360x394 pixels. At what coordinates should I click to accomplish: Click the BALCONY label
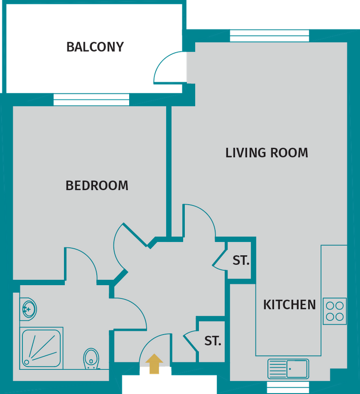(x=94, y=47)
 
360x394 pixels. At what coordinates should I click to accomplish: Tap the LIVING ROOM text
(x=266, y=153)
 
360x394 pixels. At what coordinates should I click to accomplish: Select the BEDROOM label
(x=97, y=185)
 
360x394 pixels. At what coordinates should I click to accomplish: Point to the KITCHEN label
(x=289, y=305)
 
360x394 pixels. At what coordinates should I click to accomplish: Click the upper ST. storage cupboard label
(x=241, y=260)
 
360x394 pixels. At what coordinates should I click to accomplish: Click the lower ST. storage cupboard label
(x=213, y=341)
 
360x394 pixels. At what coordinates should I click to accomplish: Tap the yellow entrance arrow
(x=154, y=364)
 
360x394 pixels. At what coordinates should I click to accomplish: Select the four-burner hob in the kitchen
(x=335, y=311)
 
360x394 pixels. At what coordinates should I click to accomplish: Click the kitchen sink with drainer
(x=288, y=368)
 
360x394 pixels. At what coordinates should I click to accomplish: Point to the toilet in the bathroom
(x=91, y=358)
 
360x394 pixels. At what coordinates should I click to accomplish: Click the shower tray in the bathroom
(x=41, y=349)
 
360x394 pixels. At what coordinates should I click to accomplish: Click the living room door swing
(x=200, y=220)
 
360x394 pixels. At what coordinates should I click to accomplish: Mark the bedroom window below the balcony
(x=91, y=100)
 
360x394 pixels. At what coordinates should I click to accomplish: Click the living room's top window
(x=269, y=36)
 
